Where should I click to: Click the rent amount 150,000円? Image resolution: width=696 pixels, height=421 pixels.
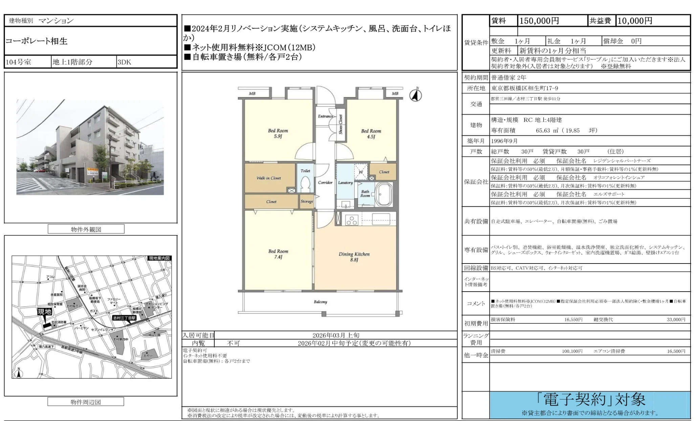(539, 21)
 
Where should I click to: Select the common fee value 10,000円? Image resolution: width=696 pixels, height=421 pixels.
(635, 21)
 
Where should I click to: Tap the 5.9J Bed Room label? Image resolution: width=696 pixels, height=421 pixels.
(278, 133)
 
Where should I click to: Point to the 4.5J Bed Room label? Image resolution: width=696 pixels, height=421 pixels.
(371, 134)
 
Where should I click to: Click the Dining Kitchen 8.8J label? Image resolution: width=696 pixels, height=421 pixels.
(354, 257)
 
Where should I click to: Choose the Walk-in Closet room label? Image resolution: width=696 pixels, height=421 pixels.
(268, 178)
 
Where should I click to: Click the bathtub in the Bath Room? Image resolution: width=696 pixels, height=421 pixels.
(384, 194)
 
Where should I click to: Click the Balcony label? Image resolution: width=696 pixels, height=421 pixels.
(320, 302)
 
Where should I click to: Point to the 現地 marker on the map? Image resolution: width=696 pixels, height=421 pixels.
(44, 312)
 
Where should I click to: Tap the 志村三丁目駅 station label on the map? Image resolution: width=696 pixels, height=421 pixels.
(124, 318)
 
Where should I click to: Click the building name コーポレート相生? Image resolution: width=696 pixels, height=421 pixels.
(37, 41)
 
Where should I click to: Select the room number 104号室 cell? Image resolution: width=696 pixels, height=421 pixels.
(19, 62)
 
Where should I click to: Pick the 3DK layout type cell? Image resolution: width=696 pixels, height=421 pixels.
(124, 62)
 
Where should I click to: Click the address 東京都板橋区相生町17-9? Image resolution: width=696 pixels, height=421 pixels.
(525, 88)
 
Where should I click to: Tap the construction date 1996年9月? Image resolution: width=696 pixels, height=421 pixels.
(504, 141)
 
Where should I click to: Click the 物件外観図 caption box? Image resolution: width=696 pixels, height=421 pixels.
(86, 229)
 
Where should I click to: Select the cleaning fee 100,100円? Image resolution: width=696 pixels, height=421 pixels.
(572, 351)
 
